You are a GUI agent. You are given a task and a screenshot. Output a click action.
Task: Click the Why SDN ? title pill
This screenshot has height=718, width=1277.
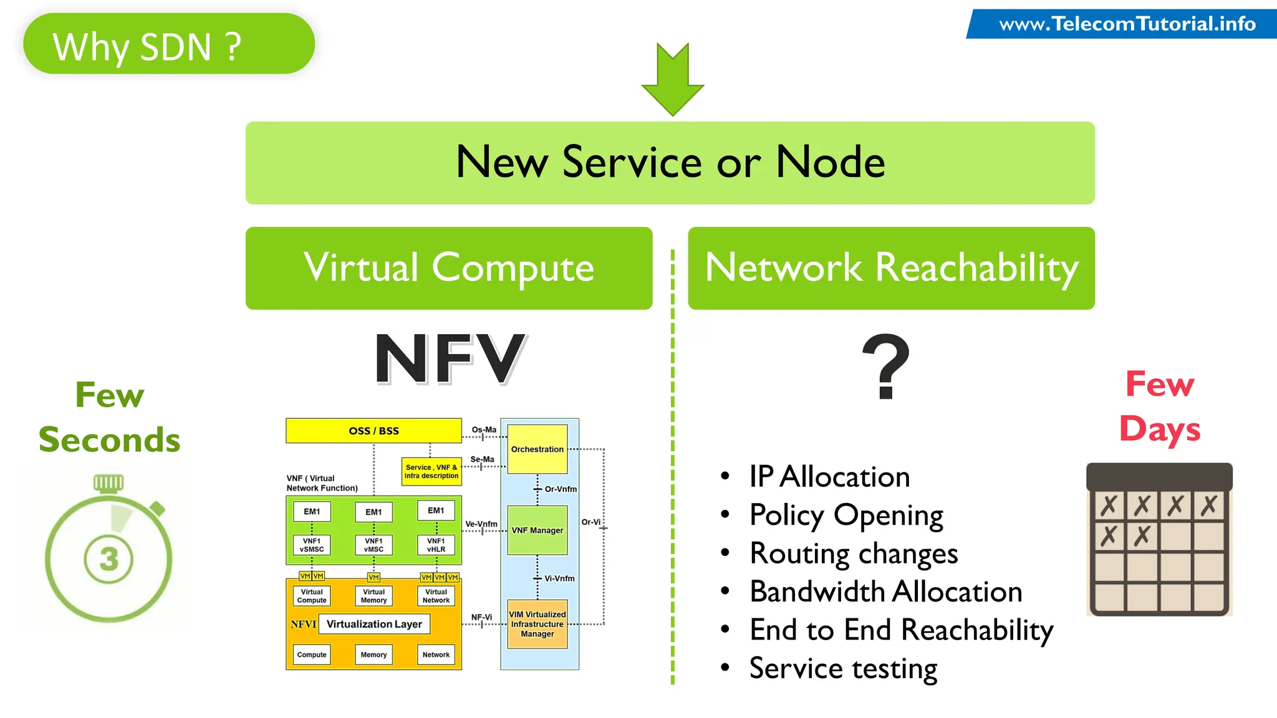(x=168, y=44)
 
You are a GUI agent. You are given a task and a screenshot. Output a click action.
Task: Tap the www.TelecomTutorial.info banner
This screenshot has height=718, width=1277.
(x=1126, y=24)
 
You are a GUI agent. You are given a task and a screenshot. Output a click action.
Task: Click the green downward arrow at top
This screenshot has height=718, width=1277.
(x=672, y=79)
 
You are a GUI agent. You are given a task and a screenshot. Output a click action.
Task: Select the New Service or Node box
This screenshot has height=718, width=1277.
(x=670, y=163)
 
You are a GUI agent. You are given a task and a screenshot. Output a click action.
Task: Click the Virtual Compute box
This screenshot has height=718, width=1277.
(x=448, y=268)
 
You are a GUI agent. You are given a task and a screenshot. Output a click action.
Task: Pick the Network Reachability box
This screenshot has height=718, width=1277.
(x=891, y=268)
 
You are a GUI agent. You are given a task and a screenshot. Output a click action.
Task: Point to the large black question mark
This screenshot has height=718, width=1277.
(x=886, y=366)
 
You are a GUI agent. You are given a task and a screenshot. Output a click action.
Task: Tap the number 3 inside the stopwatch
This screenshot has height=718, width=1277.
(x=108, y=559)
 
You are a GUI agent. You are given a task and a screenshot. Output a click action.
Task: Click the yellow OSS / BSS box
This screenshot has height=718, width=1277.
(x=373, y=431)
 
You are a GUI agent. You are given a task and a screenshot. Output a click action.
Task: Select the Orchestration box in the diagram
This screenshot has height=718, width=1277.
(x=537, y=449)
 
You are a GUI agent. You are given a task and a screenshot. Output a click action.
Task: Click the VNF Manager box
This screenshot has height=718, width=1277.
(x=537, y=530)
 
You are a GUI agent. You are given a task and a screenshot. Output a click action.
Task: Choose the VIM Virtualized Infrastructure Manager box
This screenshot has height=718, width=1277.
(x=537, y=624)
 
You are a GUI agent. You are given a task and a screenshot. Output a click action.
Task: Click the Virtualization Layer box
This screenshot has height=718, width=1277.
(x=374, y=624)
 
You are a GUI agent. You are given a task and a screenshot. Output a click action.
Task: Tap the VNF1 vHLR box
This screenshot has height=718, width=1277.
(x=436, y=545)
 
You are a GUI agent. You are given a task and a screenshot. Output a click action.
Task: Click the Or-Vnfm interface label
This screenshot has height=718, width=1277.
(x=561, y=489)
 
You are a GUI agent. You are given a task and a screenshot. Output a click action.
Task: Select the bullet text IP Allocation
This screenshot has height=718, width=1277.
(x=829, y=477)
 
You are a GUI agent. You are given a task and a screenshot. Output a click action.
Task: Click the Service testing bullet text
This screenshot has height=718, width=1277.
(x=843, y=668)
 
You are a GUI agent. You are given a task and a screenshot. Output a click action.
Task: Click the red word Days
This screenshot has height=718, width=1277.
(x=1159, y=429)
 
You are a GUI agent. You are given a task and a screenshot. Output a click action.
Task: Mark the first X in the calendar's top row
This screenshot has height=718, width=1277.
(x=1109, y=505)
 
